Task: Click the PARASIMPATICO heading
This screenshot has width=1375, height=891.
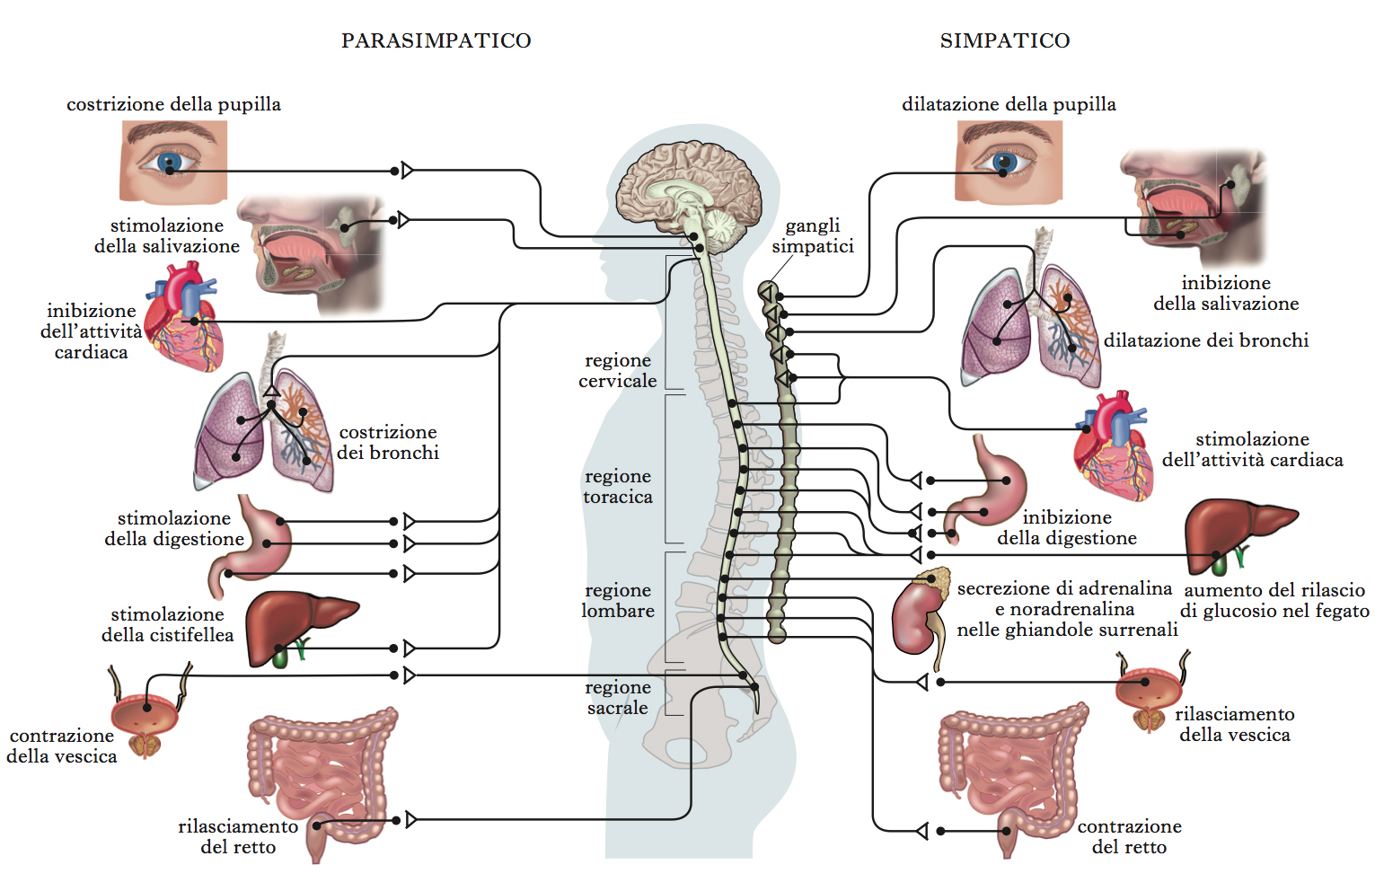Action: click(x=436, y=40)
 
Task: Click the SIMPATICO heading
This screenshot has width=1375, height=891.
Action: click(x=1005, y=40)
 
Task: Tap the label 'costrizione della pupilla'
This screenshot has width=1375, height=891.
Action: click(x=173, y=104)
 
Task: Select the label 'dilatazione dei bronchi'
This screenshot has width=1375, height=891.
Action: click(x=1205, y=340)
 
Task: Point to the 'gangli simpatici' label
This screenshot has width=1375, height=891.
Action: click(x=813, y=236)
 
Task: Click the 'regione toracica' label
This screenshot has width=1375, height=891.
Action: click(x=618, y=486)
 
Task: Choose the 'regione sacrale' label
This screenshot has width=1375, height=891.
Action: click(x=618, y=698)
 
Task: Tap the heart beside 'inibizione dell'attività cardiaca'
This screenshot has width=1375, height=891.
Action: click(x=184, y=316)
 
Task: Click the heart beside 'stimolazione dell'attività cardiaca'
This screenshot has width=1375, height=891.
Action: click(x=1114, y=445)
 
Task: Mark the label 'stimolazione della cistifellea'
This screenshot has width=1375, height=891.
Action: click(x=168, y=624)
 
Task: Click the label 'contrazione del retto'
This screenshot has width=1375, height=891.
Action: click(x=1130, y=837)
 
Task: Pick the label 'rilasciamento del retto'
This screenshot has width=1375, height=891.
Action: click(x=238, y=837)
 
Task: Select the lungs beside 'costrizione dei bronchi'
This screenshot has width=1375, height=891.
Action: click(x=264, y=424)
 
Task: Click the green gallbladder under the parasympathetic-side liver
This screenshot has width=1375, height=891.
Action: click(x=280, y=658)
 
